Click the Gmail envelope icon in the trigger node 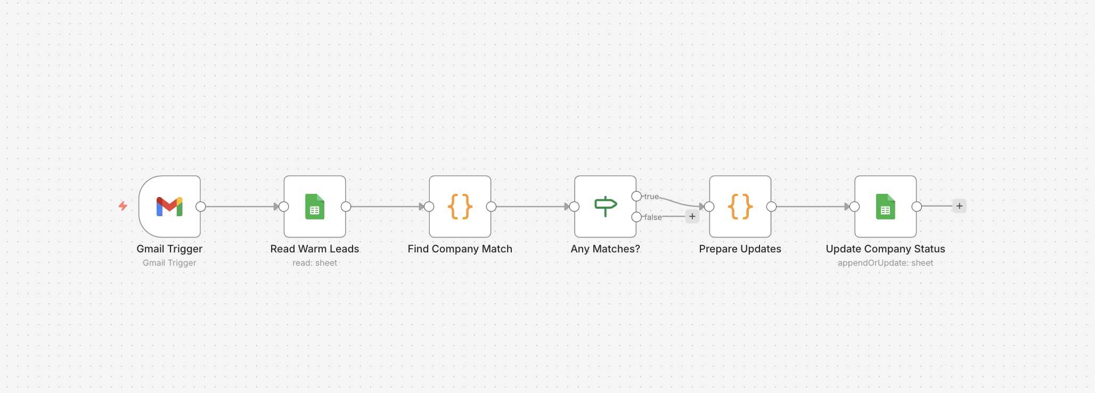click(x=169, y=207)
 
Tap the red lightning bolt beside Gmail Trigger click(x=123, y=206)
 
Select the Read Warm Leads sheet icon click(x=315, y=207)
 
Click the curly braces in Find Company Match click(x=460, y=207)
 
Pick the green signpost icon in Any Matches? click(x=606, y=206)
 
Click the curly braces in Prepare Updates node click(x=740, y=207)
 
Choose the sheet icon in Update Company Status click(x=886, y=207)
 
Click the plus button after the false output click(x=692, y=216)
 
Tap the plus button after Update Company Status click(x=959, y=206)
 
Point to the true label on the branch click(x=651, y=196)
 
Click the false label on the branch click(x=653, y=217)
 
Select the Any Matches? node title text click(x=605, y=249)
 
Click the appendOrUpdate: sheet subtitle click(x=885, y=263)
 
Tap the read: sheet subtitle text click(x=315, y=263)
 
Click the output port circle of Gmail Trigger click(x=201, y=207)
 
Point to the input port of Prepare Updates click(x=709, y=207)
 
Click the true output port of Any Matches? click(x=636, y=196)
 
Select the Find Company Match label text click(x=460, y=249)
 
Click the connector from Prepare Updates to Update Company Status click(x=812, y=207)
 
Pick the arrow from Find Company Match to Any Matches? click(x=533, y=207)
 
